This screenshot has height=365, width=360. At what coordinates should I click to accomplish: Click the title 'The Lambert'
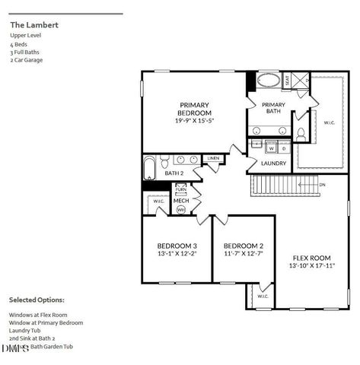(34, 25)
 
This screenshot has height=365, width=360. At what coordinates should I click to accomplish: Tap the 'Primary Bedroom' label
(194, 109)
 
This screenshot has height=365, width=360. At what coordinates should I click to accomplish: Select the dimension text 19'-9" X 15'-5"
(194, 120)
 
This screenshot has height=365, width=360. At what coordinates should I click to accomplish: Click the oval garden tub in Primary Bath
(267, 80)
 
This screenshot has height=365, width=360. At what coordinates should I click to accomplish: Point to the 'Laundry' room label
(273, 163)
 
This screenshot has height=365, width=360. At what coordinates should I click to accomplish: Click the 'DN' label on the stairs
(322, 185)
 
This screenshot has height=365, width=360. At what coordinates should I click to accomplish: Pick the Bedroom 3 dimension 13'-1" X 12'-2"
(177, 254)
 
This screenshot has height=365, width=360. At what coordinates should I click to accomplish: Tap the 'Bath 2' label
(174, 173)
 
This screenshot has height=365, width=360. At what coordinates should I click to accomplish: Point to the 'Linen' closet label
(213, 158)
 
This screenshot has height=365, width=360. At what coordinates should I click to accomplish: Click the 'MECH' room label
(181, 201)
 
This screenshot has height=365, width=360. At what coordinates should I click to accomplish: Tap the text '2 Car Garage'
(26, 59)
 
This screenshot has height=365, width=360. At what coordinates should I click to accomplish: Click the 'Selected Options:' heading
(37, 300)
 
